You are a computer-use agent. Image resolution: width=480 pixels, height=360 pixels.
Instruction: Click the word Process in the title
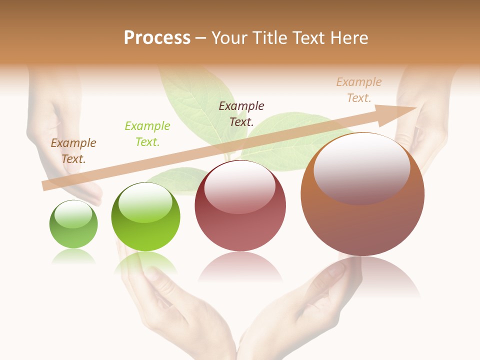point(157,38)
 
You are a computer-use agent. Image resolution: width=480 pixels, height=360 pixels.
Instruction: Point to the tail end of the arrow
point(44,185)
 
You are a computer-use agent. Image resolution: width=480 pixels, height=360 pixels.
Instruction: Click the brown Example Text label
point(73,150)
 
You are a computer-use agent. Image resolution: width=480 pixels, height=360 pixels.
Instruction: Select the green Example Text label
point(147,134)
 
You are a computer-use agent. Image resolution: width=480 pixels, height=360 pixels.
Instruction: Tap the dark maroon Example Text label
point(241,113)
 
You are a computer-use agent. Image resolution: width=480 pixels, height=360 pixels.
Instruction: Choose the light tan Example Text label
point(359,90)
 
